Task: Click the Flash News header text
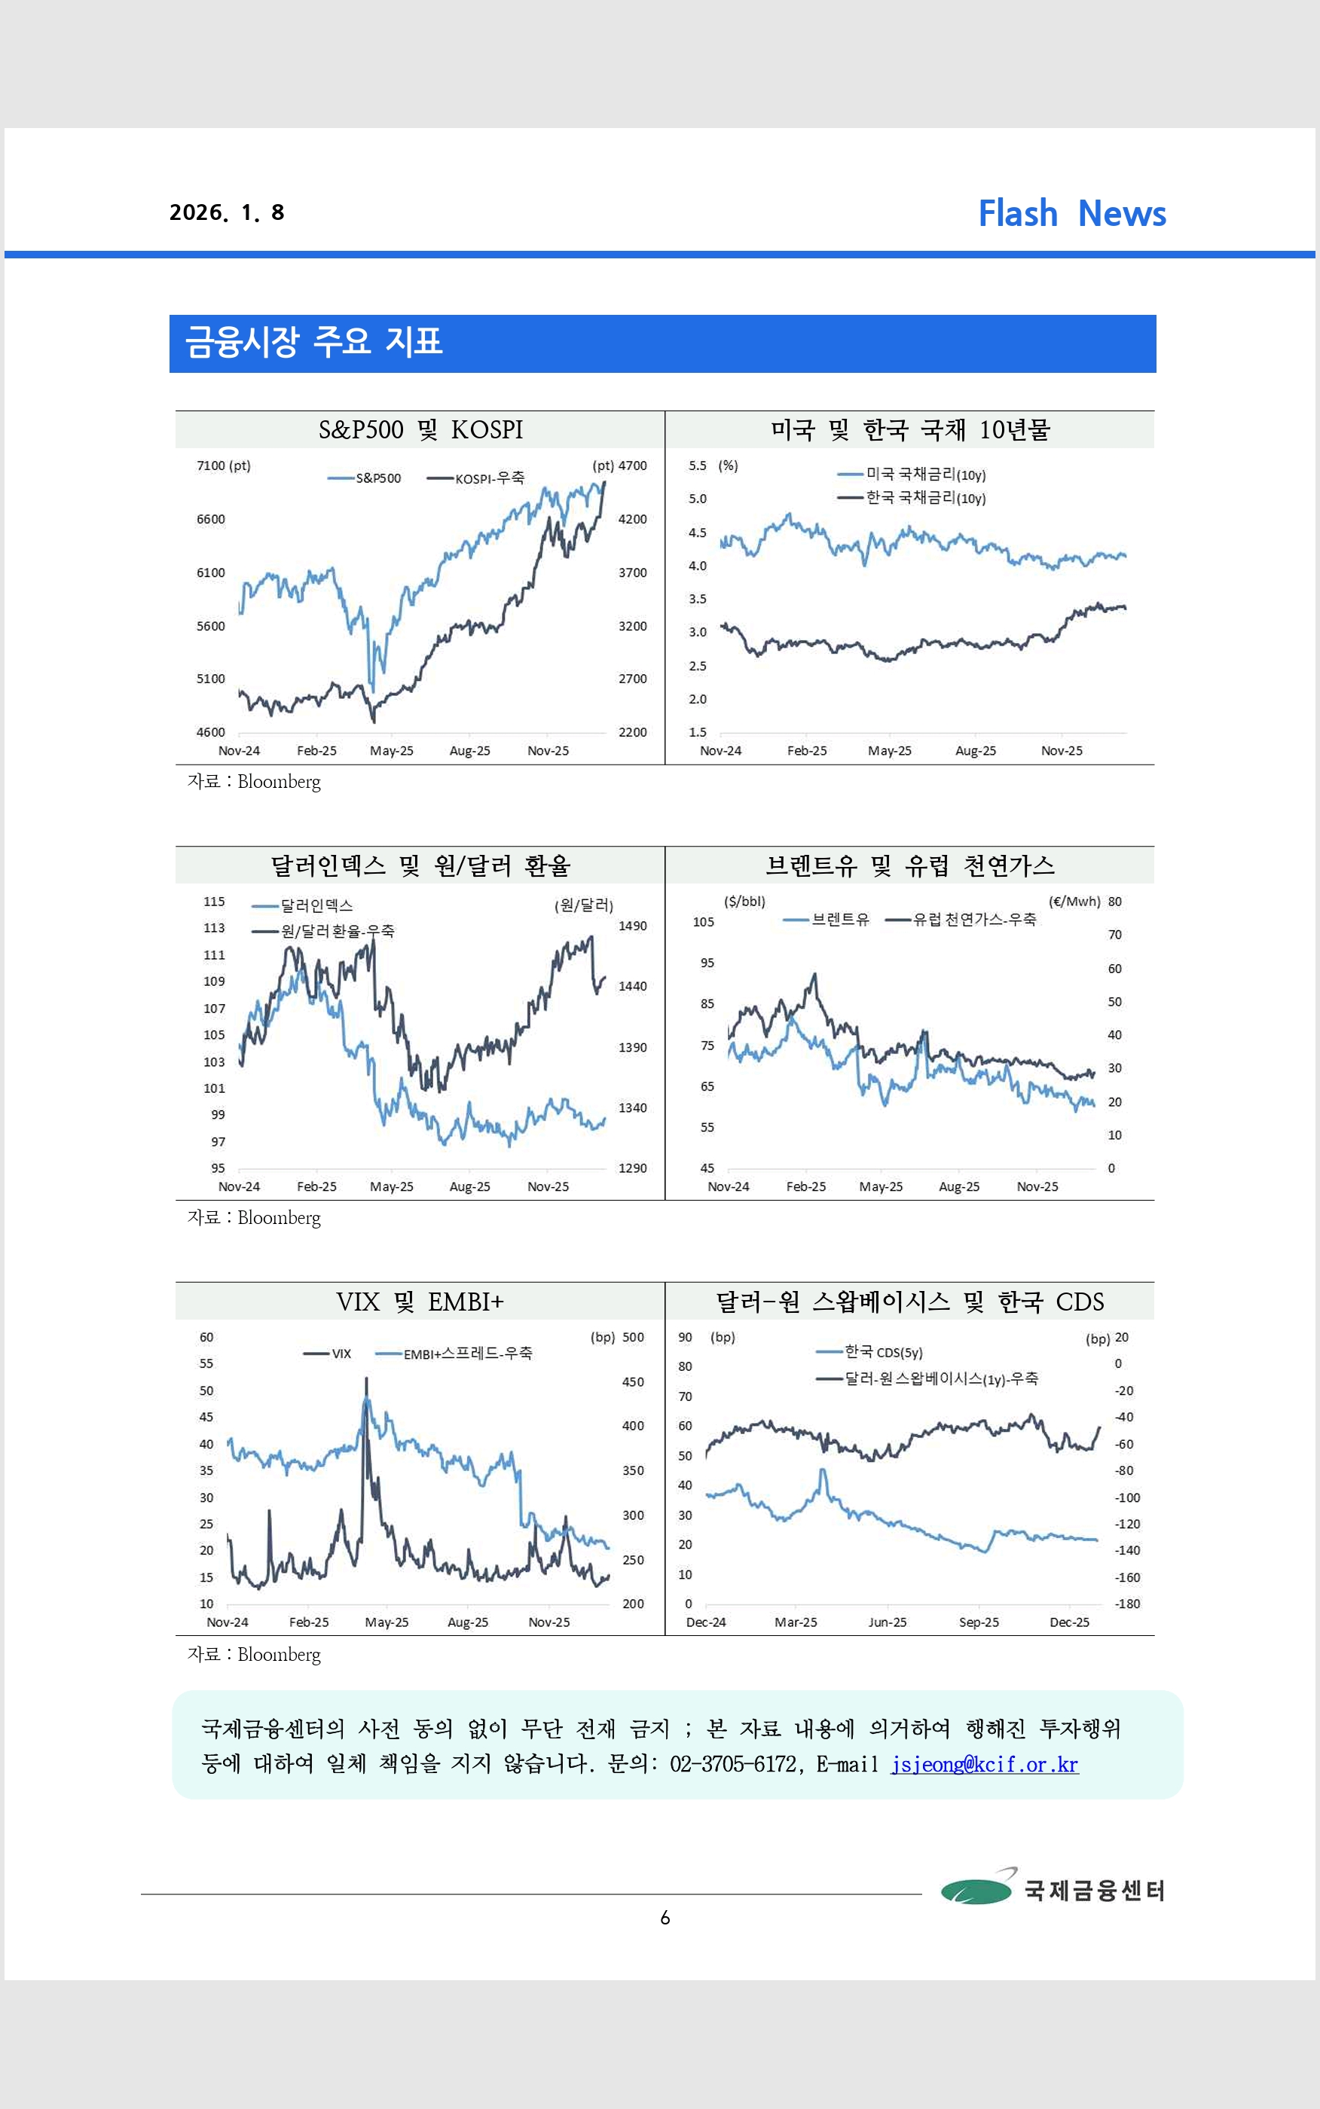point(1071,213)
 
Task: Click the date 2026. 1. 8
point(227,213)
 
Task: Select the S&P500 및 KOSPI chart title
point(420,429)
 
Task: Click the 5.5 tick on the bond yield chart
point(697,466)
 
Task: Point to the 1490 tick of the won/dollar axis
point(632,926)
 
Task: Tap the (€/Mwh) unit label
point(1074,902)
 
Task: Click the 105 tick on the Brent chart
point(703,921)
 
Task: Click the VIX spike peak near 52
point(366,1380)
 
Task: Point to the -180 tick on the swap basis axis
point(1127,1604)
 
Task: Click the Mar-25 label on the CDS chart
point(796,1622)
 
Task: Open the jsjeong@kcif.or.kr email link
point(984,1764)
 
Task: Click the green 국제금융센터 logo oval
point(975,1890)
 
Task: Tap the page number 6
point(665,1918)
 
